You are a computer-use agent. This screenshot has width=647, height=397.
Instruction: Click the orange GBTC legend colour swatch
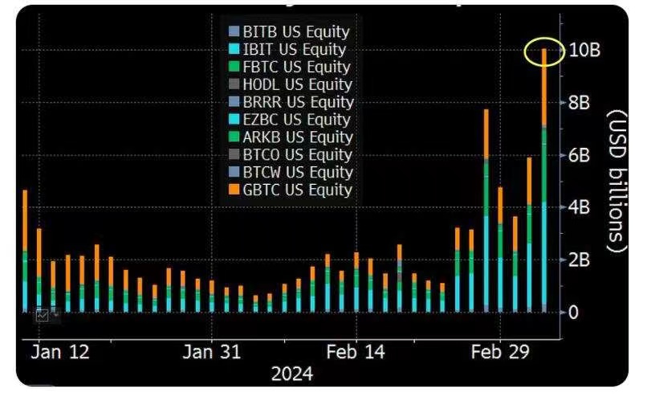tap(234, 190)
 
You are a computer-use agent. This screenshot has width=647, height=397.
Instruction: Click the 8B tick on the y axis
tap(580, 103)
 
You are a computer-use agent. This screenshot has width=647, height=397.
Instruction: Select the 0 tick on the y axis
tap(573, 312)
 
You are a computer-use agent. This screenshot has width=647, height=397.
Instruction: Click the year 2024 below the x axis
tap(292, 374)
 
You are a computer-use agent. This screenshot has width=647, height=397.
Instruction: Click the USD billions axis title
tap(615, 180)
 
